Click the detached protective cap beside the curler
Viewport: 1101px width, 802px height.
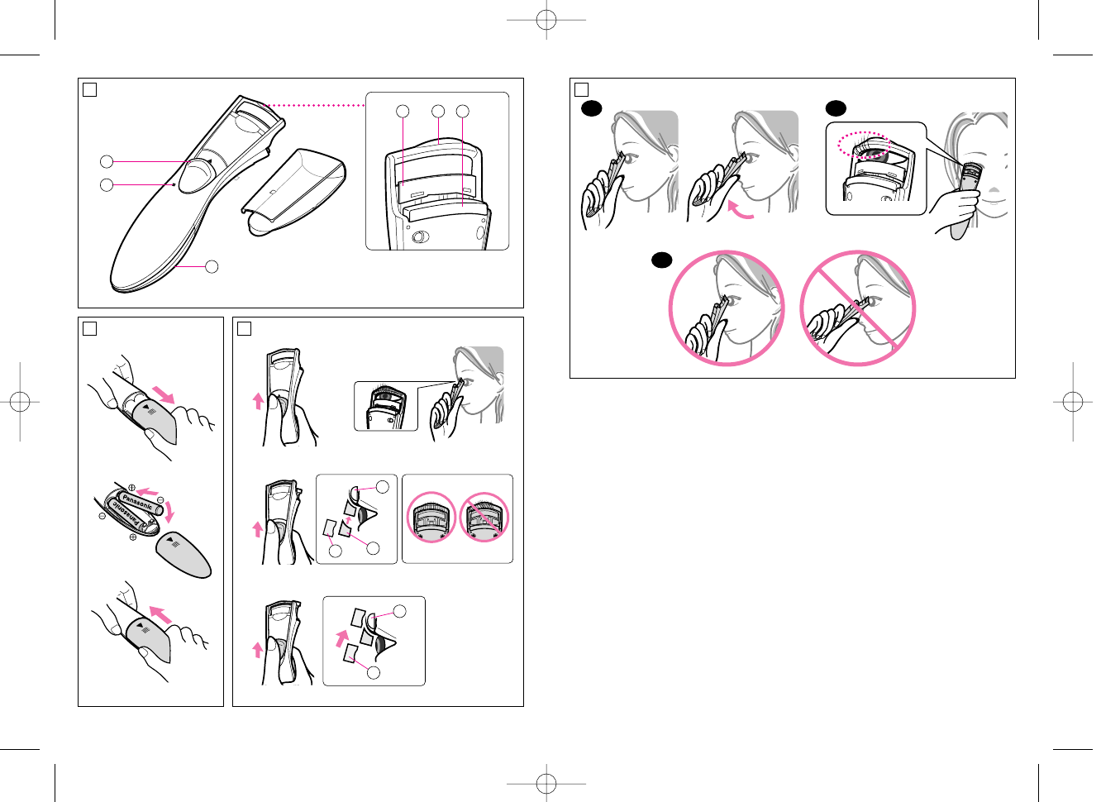click(x=294, y=192)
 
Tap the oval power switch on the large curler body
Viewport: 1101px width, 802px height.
click(x=197, y=174)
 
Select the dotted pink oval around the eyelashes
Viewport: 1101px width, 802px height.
click(x=864, y=145)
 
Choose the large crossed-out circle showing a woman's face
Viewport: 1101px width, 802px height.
click(x=858, y=308)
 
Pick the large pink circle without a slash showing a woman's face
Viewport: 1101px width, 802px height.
click(x=727, y=308)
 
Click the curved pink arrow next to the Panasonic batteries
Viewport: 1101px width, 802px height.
click(x=169, y=511)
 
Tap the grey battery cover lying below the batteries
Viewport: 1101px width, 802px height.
click(x=183, y=554)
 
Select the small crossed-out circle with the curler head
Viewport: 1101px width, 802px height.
click(x=484, y=517)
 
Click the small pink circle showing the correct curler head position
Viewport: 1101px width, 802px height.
click(x=431, y=517)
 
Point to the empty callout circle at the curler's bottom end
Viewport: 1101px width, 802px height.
click(x=212, y=266)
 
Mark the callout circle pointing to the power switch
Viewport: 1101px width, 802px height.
click(x=107, y=161)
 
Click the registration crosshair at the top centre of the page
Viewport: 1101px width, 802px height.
click(x=546, y=20)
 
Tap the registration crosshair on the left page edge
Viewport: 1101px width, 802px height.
click(x=20, y=402)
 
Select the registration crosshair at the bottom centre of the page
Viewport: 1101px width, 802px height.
click(x=546, y=782)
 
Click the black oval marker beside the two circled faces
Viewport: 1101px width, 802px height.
click(x=661, y=260)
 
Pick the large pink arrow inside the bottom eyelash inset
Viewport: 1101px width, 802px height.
click(x=342, y=638)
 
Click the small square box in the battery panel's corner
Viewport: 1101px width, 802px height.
click(x=89, y=328)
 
